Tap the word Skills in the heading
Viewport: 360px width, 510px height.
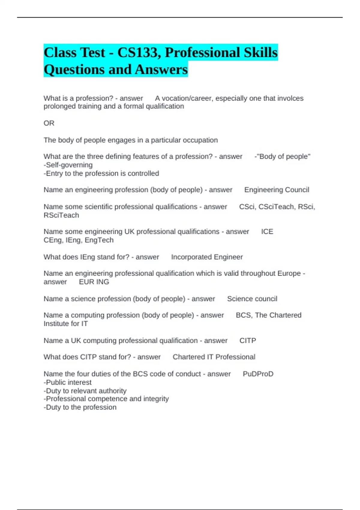260,53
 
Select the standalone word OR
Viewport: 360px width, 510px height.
49,123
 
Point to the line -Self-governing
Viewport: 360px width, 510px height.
68,165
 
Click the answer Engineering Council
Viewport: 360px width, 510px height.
277,190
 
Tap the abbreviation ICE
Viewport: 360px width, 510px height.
267,232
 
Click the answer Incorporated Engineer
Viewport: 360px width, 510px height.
207,257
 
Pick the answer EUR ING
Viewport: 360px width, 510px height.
94,282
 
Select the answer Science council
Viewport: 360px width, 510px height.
252,299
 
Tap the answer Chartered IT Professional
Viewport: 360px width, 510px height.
214,357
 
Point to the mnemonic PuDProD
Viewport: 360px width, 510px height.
258,374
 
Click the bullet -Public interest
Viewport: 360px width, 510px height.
67,382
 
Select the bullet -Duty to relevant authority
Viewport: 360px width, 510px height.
85,391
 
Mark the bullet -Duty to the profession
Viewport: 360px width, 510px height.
80,407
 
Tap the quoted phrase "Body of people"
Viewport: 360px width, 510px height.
283,157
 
